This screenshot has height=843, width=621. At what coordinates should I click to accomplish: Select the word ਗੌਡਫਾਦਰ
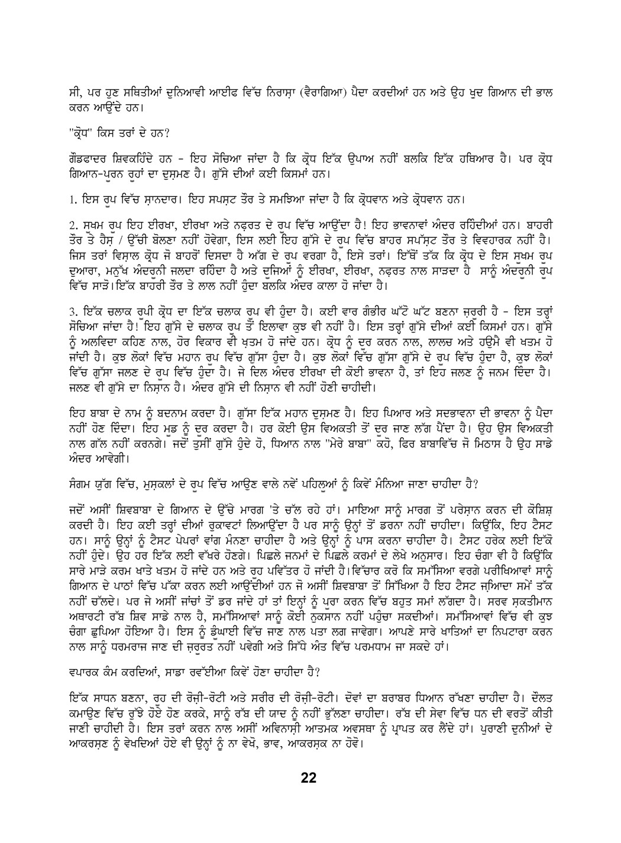tap(85, 162)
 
